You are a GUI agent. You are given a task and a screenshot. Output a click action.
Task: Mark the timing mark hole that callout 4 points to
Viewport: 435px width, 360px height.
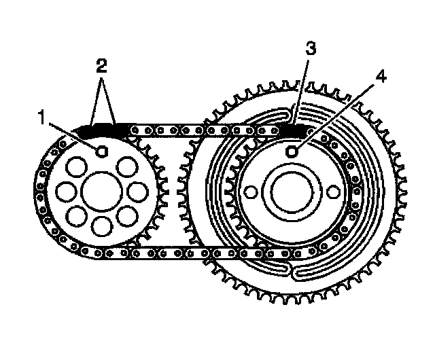(x=293, y=151)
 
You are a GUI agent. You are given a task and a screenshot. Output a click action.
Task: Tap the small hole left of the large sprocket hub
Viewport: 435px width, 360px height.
(x=249, y=193)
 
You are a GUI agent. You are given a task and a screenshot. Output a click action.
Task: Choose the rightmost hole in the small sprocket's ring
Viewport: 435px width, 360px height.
(x=138, y=191)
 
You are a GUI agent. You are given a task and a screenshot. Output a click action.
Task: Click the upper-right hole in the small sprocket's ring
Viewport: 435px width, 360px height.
(x=128, y=165)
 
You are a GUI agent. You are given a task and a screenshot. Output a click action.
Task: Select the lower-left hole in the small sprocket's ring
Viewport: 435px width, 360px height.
(x=77, y=217)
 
